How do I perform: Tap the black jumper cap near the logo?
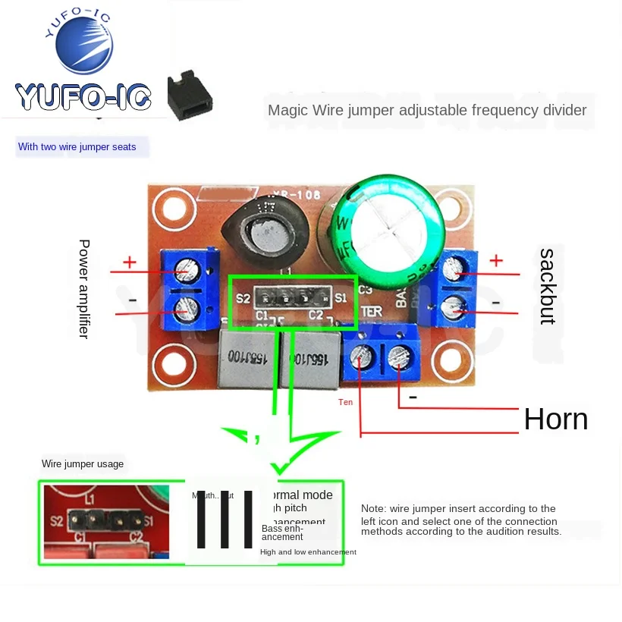pyautogui.click(x=189, y=97)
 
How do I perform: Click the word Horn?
pyautogui.click(x=555, y=419)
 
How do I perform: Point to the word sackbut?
pyautogui.click(x=547, y=286)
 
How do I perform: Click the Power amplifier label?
pyautogui.click(x=84, y=288)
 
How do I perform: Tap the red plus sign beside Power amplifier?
pyautogui.click(x=130, y=262)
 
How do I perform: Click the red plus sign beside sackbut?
pyautogui.click(x=496, y=260)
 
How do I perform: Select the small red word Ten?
pyautogui.click(x=345, y=402)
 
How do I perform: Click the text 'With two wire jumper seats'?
pyautogui.click(x=77, y=147)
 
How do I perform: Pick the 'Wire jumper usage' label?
pyautogui.click(x=83, y=464)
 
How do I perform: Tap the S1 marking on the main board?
pyautogui.click(x=340, y=298)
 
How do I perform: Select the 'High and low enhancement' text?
pyautogui.click(x=308, y=552)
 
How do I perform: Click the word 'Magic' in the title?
pyautogui.click(x=284, y=111)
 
